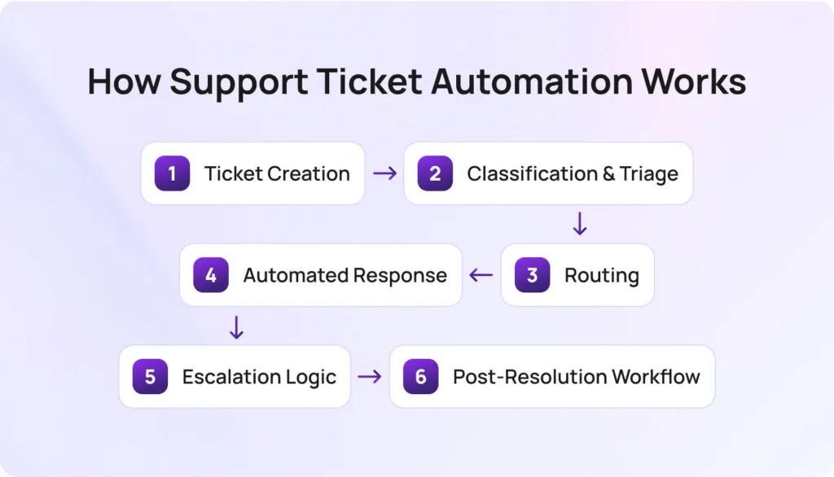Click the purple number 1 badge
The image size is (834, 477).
click(172, 173)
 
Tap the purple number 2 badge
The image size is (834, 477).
click(435, 173)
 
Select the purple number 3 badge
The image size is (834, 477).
click(533, 275)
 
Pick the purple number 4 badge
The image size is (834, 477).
click(211, 275)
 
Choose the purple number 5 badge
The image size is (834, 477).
click(150, 377)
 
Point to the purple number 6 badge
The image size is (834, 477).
click(420, 377)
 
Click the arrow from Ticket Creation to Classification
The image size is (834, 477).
click(384, 173)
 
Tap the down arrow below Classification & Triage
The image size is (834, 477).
click(580, 224)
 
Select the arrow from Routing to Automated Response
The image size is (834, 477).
click(481, 275)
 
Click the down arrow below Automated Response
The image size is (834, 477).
click(236, 326)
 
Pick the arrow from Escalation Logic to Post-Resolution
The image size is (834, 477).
click(370, 377)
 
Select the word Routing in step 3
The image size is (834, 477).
click(601, 275)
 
